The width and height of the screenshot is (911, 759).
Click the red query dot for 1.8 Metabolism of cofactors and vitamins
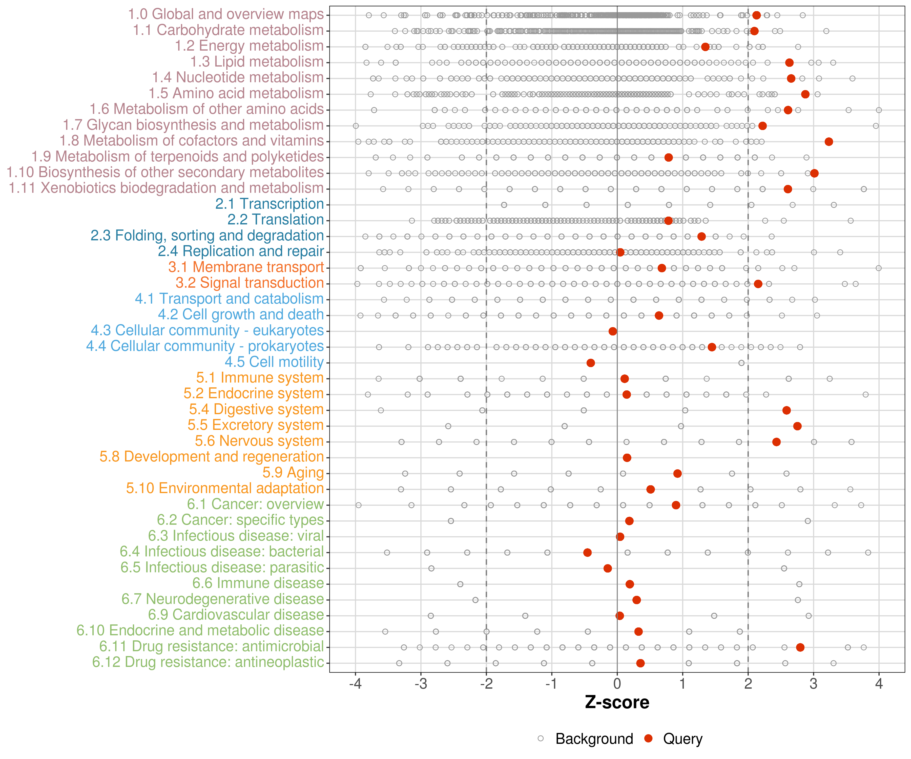coord(829,142)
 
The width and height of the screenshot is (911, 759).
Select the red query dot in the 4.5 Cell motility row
coord(590,363)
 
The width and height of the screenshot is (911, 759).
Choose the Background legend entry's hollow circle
coord(541,739)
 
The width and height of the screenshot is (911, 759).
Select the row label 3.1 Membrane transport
coord(246,267)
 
